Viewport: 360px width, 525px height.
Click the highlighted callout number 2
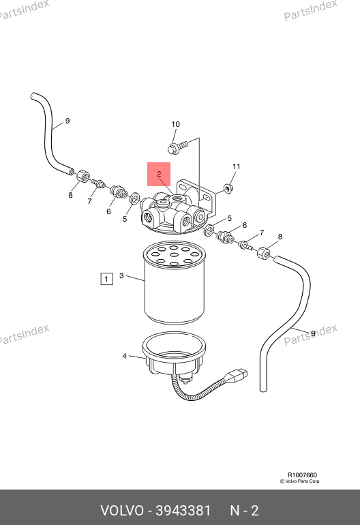click(159, 174)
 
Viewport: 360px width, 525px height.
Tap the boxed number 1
click(106, 279)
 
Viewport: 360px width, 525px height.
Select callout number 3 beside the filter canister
click(121, 275)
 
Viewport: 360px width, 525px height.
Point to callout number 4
click(124, 356)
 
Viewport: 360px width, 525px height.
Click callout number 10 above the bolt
click(175, 124)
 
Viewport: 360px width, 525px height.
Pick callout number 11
click(237, 166)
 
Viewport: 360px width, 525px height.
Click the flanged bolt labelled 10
click(177, 147)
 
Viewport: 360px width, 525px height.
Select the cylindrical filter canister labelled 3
click(174, 284)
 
